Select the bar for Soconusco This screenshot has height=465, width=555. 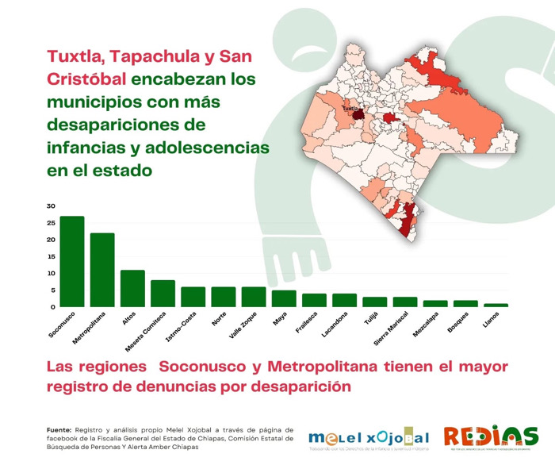[72, 261]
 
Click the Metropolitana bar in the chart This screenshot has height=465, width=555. [102, 270]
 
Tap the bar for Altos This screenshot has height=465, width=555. [132, 288]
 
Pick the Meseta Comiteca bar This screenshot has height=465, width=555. [163, 294]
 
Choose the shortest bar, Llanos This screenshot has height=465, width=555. [496, 306]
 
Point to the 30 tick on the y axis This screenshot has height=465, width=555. [52, 206]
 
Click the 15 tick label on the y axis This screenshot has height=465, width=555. [52, 256]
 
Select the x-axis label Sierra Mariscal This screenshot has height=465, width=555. [389, 330]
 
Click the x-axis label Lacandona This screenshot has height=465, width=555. [334, 326]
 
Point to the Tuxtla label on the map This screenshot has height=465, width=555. [350, 110]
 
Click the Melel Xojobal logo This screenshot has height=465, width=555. [369, 439]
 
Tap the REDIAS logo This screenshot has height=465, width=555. [490, 437]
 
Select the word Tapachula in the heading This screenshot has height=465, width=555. [161, 56]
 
